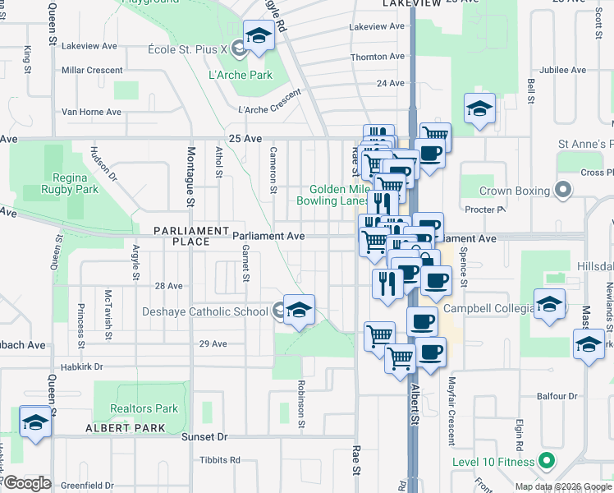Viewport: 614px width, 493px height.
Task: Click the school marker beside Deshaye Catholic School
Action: [300, 311]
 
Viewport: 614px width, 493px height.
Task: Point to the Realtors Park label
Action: [144, 408]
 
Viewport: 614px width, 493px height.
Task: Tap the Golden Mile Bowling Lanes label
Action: [339, 195]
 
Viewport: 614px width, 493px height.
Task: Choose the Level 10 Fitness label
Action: [493, 463]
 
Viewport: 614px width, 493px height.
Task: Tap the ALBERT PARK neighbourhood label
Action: [126, 428]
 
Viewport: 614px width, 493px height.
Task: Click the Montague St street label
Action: [190, 177]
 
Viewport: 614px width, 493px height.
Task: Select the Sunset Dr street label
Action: [211, 437]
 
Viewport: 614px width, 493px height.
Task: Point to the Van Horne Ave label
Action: [91, 112]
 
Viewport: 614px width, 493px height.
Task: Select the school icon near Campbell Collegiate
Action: [549, 305]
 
